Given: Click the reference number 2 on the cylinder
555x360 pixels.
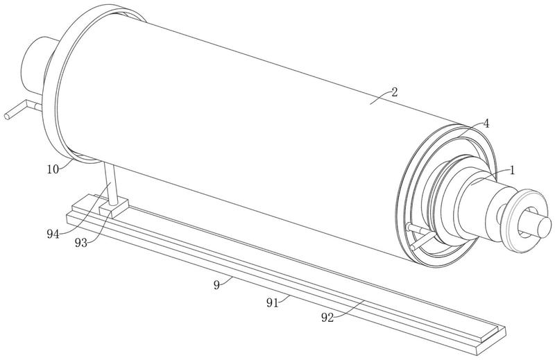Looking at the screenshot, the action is [395, 92].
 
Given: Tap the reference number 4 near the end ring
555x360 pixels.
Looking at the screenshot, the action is [486, 123].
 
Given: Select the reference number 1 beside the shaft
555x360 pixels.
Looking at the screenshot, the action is [512, 171].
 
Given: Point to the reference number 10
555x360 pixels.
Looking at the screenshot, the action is [53, 169].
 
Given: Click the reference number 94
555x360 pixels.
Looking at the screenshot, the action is [53, 234].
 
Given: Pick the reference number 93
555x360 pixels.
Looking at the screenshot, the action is [81, 243].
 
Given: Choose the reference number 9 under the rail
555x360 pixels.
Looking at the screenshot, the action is [217, 284].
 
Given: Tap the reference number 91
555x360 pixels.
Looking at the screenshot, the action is [272, 303].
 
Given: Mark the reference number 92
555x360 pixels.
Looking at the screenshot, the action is [327, 318].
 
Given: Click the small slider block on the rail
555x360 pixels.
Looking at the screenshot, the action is [113, 207].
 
